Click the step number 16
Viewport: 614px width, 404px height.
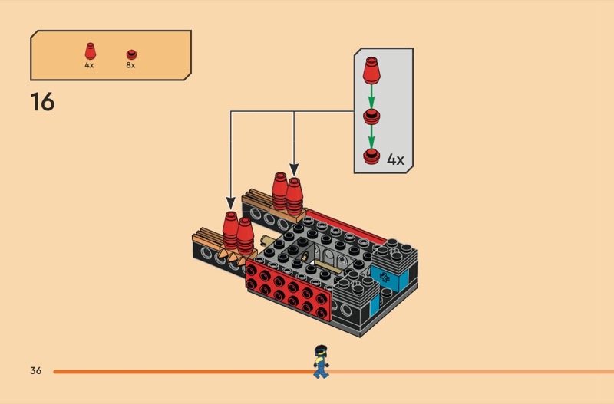pyautogui.click(x=42, y=101)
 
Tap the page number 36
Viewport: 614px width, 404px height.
pyautogui.click(x=35, y=371)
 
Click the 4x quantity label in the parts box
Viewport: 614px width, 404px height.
pyautogui.click(x=89, y=65)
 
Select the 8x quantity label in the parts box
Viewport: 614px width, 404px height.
pyautogui.click(x=130, y=65)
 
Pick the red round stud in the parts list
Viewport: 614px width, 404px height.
pyautogui.click(x=130, y=54)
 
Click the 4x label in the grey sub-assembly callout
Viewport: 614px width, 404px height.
pyautogui.click(x=395, y=159)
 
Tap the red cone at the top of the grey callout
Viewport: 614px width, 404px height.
pyautogui.click(x=372, y=73)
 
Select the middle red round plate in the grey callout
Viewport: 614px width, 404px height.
pyautogui.click(x=372, y=117)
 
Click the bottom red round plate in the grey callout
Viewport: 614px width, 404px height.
pyautogui.click(x=372, y=157)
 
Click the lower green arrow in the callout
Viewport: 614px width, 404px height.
pyautogui.click(x=372, y=138)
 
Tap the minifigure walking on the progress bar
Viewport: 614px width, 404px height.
pyautogui.click(x=319, y=362)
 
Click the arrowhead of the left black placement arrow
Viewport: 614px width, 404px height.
pyautogui.click(x=232, y=202)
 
